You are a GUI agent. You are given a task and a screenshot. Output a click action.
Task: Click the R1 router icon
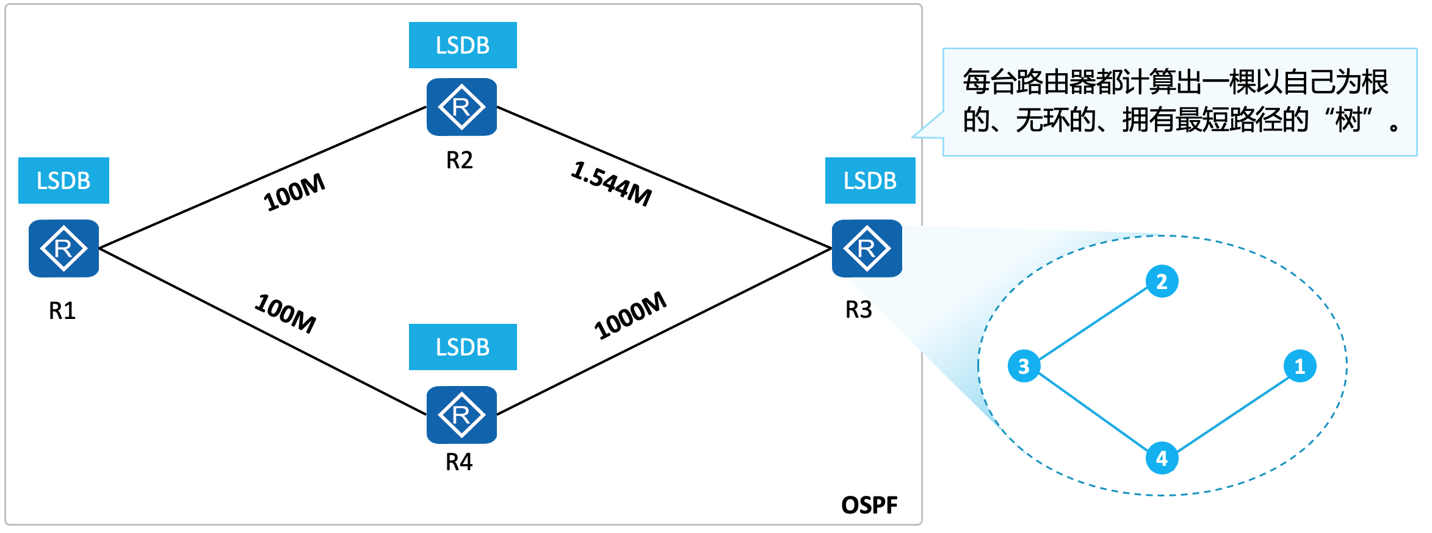[63, 248]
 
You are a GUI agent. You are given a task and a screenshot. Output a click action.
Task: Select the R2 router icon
[461, 107]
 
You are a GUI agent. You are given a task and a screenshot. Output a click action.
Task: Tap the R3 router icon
[867, 248]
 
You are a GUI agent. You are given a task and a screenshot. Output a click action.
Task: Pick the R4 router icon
[461, 415]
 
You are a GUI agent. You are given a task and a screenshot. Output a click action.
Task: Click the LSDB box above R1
[63, 181]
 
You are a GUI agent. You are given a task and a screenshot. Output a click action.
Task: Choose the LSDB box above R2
[463, 45]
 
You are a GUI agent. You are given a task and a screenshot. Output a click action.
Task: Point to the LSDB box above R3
[870, 181]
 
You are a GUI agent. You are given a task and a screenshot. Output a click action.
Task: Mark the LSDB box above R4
[463, 347]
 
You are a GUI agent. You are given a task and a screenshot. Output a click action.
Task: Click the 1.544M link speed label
[612, 184]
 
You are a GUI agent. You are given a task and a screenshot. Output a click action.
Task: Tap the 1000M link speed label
[630, 315]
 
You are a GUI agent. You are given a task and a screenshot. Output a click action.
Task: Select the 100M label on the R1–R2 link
[294, 192]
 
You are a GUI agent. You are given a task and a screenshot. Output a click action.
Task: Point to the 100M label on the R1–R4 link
[286, 313]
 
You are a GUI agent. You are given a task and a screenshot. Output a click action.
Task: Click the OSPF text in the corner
[869, 505]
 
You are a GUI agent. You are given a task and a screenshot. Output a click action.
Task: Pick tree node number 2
[1162, 281]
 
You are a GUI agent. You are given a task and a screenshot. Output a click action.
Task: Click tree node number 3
[1024, 366]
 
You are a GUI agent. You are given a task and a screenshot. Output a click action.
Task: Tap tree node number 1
[1300, 366]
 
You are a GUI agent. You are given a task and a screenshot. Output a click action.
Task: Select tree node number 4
[1162, 458]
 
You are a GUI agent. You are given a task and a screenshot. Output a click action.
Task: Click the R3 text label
[858, 310]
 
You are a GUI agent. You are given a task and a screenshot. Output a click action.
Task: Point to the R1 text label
[62, 311]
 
